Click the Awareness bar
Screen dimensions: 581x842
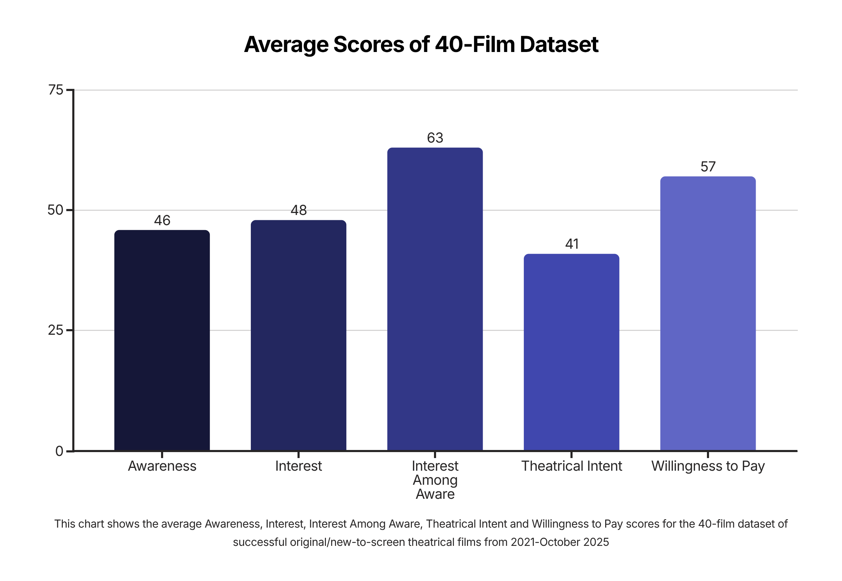pyautogui.click(x=162, y=340)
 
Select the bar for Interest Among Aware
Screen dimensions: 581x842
pyautogui.click(x=435, y=299)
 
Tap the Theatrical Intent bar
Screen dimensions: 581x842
pyautogui.click(x=571, y=352)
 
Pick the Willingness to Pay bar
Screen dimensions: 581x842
pyautogui.click(x=708, y=313)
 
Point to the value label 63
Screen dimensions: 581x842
pyautogui.click(x=435, y=138)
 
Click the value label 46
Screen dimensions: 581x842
pyautogui.click(x=162, y=221)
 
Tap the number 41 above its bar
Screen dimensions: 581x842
pyautogui.click(x=572, y=244)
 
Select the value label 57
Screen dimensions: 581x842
pyautogui.click(x=708, y=167)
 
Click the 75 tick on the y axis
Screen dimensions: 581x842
pyautogui.click(x=56, y=90)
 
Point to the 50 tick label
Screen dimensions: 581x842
pyautogui.click(x=55, y=210)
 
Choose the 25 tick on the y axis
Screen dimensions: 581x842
pyautogui.click(x=56, y=330)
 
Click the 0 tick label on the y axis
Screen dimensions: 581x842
pyautogui.click(x=59, y=451)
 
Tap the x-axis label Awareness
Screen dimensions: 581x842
pyautogui.click(x=162, y=466)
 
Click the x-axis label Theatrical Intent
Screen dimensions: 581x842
pyautogui.click(x=572, y=466)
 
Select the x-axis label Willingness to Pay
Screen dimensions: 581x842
pyautogui.click(x=708, y=466)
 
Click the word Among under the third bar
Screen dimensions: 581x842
pyautogui.click(x=435, y=480)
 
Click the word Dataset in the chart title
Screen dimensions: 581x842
pyautogui.click(x=559, y=44)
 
